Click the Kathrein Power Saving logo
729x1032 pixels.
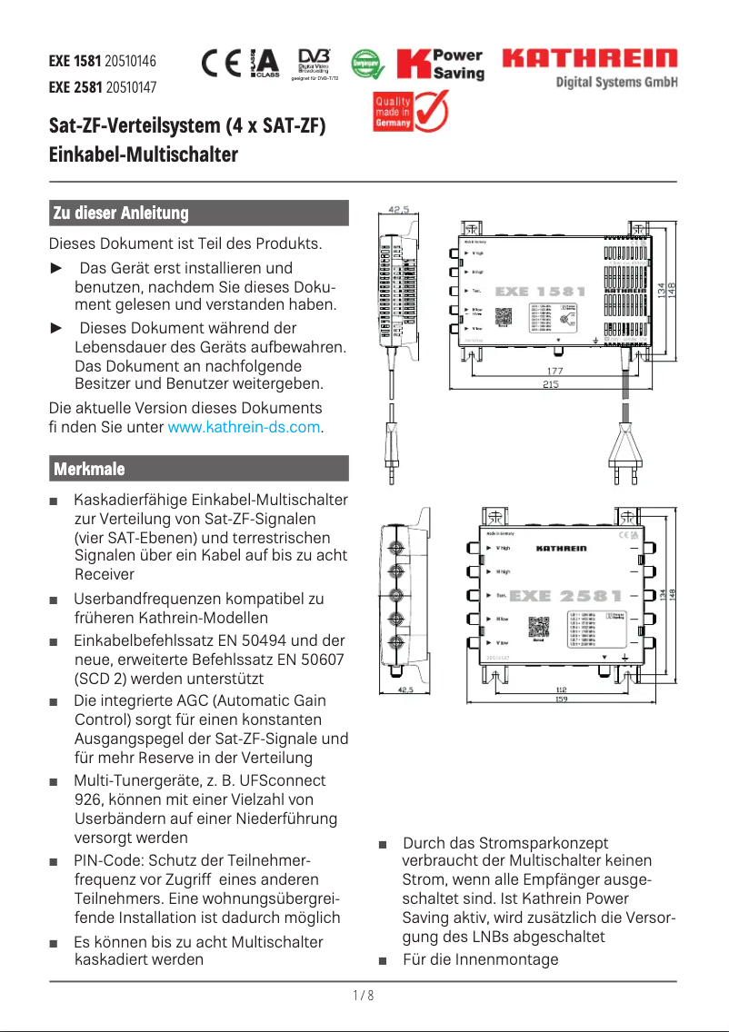pyautogui.click(x=441, y=64)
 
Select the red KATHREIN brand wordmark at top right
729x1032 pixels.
pyautogui.click(x=590, y=59)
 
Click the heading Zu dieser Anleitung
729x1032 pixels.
pyautogui.click(x=121, y=213)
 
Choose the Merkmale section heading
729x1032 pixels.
pyautogui.click(x=89, y=469)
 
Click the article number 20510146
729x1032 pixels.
pyautogui.click(x=131, y=63)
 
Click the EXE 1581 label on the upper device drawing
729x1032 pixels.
pyautogui.click(x=540, y=293)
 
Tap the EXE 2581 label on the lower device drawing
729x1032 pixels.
pyautogui.click(x=566, y=596)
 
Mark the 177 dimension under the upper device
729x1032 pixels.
pyautogui.click(x=554, y=371)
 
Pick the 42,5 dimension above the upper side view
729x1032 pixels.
pyautogui.click(x=398, y=210)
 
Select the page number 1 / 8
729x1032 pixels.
pyautogui.click(x=364, y=996)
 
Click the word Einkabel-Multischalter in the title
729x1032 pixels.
pyautogui.click(x=143, y=154)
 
